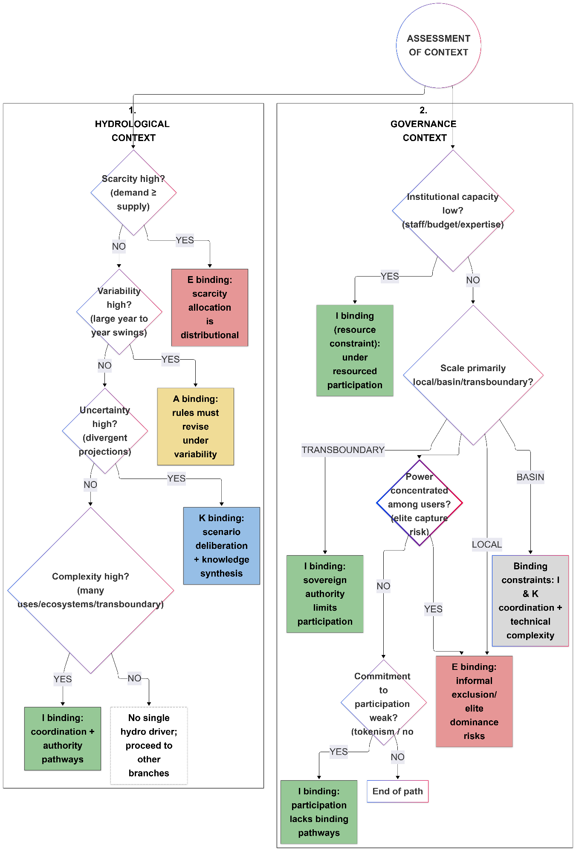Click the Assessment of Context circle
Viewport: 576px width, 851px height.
pyautogui.click(x=438, y=46)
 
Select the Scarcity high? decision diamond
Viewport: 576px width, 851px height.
pyautogui.click(x=133, y=192)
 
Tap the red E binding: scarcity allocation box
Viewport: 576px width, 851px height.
pyautogui.click(x=209, y=307)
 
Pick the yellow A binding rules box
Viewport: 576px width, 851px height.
pyautogui.click(x=195, y=426)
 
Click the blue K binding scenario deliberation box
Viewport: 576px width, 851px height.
pyautogui.click(x=221, y=545)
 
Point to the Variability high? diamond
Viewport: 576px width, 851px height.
pyautogui.click(x=119, y=312)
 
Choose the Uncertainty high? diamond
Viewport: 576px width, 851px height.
pyautogui.click(x=105, y=430)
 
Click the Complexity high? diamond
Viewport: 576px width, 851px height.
pyautogui.click(x=90, y=590)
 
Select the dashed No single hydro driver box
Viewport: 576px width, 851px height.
pyautogui.click(x=149, y=745)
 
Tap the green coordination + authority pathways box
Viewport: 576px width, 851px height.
pyautogui.click(x=63, y=738)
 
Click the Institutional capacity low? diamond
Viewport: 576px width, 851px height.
pyautogui.click(x=453, y=211)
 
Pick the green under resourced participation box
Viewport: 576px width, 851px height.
pyautogui.click(x=355, y=350)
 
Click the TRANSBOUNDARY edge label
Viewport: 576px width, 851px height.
pyautogui.click(x=343, y=450)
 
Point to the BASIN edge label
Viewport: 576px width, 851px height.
pyautogui.click(x=530, y=477)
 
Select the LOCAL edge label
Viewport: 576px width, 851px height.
pyautogui.click(x=486, y=545)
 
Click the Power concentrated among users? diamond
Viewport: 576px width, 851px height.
pyautogui.click(x=419, y=503)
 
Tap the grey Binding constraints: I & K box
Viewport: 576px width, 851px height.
pyautogui.click(x=530, y=600)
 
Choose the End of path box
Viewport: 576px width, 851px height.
pyautogui.click(x=397, y=791)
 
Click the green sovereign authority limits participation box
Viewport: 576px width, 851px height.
pyautogui.click(x=325, y=594)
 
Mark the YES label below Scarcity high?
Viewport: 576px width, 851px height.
pyautogui.click(x=185, y=240)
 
